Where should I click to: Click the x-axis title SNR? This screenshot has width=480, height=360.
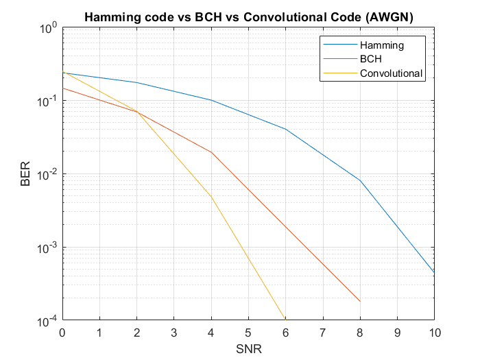point(248,348)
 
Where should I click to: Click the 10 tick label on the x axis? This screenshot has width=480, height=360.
point(434,333)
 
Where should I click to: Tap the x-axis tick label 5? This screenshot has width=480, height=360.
point(248,333)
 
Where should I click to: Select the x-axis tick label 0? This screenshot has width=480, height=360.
point(62,333)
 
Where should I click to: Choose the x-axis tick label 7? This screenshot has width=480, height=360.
point(322,333)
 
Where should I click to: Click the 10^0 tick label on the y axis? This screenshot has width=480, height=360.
point(48,29)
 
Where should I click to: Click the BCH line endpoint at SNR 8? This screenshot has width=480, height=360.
point(360,301)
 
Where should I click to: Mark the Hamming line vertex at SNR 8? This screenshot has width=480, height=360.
point(360,180)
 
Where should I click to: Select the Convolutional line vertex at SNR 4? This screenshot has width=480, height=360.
point(211,197)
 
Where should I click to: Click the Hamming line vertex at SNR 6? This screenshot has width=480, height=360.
point(286,129)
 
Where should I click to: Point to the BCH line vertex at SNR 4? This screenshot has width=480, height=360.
point(211,152)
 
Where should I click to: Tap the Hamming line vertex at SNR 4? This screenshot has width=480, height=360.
point(211,100)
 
